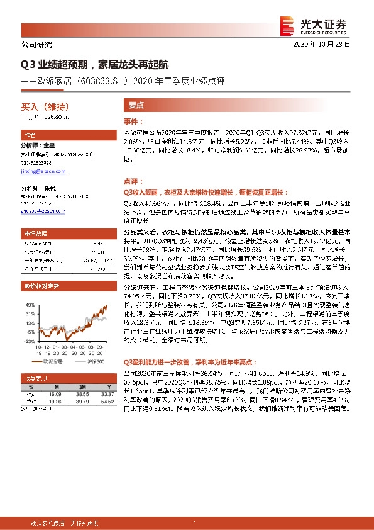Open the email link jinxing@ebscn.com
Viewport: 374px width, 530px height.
point(39,171)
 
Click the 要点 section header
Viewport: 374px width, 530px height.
point(136,106)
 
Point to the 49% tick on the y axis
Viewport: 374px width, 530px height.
point(28,305)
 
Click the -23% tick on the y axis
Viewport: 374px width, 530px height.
point(28,341)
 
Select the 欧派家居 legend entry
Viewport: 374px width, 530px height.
point(51,363)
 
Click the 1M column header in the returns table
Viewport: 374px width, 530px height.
point(55,386)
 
